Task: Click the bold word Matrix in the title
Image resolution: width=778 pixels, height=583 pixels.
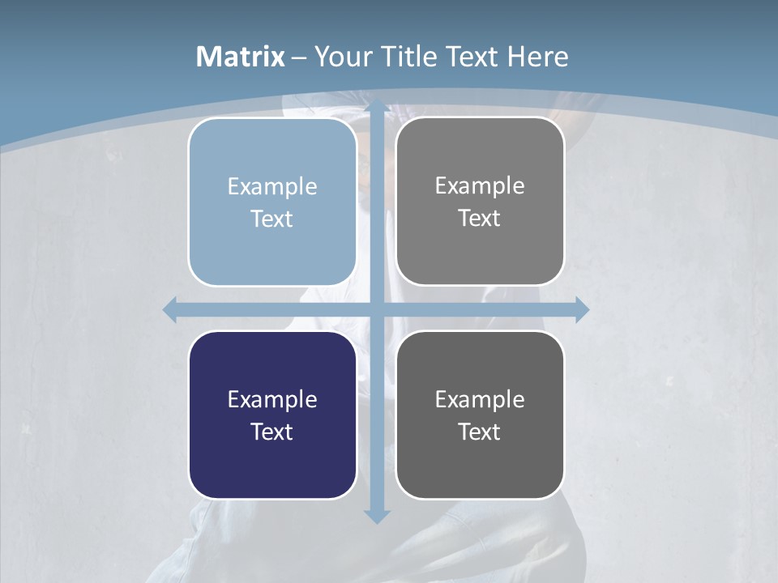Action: [x=240, y=57]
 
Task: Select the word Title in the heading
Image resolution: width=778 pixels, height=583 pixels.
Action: [x=408, y=57]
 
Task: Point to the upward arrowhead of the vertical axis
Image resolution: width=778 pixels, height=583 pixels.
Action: [x=377, y=105]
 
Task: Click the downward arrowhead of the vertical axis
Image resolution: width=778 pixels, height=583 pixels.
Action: [x=377, y=516]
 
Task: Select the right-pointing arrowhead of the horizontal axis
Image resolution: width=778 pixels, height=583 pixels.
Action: [x=582, y=309]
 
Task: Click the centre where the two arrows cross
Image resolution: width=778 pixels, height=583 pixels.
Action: [x=377, y=309]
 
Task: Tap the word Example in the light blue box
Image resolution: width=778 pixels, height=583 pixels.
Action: [x=272, y=186]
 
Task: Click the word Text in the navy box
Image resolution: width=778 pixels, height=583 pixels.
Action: [x=272, y=432]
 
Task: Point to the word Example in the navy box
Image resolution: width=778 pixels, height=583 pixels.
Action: [x=272, y=399]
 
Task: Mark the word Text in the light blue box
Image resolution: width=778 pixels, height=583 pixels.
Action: [x=272, y=219]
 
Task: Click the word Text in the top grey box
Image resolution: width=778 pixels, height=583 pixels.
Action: [x=480, y=218]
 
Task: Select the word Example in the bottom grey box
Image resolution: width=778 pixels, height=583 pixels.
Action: [x=480, y=399]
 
